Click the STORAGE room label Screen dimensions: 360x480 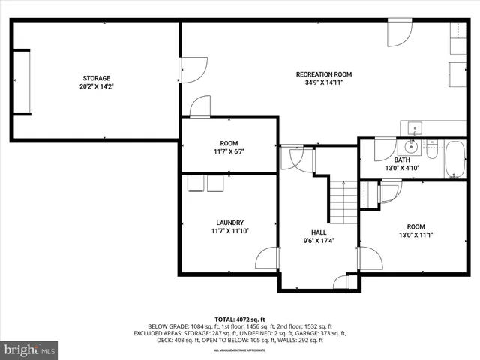pos(96,78)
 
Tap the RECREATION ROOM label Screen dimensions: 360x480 pos(323,74)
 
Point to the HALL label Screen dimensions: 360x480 pos(319,232)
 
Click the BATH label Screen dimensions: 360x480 pos(402,160)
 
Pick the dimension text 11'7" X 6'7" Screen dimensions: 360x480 pos(228,151)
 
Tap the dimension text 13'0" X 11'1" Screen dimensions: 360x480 pos(415,235)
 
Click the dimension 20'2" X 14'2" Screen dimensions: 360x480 pos(96,86)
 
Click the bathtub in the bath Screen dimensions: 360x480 pos(456,159)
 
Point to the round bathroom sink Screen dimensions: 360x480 pos(411,146)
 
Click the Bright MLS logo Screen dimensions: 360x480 pos(30,349)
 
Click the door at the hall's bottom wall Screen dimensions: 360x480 pos(342,282)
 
